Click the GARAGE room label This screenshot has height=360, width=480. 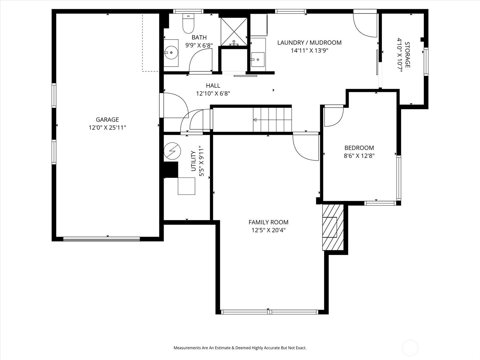click(x=107, y=120)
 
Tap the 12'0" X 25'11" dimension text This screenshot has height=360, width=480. click(x=107, y=128)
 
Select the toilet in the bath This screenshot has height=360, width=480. click(x=188, y=24)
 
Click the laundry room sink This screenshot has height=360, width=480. click(x=258, y=59)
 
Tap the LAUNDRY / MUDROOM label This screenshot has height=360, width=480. click(x=309, y=43)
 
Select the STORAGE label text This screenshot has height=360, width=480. click(x=407, y=55)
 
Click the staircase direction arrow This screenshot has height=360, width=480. click(x=255, y=120)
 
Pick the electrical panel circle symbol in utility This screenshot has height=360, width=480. click(x=172, y=151)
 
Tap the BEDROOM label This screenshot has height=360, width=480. click(x=359, y=148)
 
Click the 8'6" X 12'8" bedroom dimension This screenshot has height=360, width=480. click(x=359, y=156)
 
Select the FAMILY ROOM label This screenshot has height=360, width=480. click(x=268, y=222)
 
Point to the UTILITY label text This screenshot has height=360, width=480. click(x=193, y=161)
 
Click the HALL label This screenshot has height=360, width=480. click(x=213, y=85)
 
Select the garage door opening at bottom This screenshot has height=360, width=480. click(x=101, y=239)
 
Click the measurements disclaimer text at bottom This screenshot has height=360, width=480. click(x=240, y=348)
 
